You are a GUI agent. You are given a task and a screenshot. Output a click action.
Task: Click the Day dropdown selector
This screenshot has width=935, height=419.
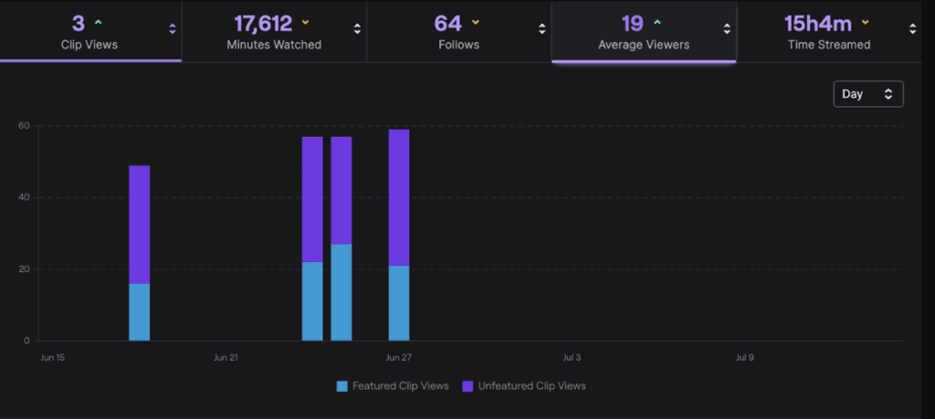pyautogui.click(x=867, y=94)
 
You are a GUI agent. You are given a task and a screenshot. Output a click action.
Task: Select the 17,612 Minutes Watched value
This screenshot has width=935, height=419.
pyautogui.click(x=265, y=23)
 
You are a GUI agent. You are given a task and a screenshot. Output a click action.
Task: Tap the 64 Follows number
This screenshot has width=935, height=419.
pyautogui.click(x=448, y=23)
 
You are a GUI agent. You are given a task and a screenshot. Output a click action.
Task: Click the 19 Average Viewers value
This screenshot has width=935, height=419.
pyautogui.click(x=633, y=23)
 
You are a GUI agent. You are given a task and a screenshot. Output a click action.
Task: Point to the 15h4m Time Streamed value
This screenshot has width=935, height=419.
pyautogui.click(x=817, y=23)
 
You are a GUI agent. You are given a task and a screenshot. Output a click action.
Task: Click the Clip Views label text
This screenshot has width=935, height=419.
pyautogui.click(x=89, y=44)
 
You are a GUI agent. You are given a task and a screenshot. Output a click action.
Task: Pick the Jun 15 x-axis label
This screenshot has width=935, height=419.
pyautogui.click(x=53, y=358)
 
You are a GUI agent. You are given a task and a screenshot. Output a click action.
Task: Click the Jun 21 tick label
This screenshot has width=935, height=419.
pyautogui.click(x=226, y=358)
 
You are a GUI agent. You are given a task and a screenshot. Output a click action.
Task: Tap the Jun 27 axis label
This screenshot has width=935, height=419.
pyautogui.click(x=399, y=358)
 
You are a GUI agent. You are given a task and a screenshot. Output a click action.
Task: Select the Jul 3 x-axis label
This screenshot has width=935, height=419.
pyautogui.click(x=572, y=358)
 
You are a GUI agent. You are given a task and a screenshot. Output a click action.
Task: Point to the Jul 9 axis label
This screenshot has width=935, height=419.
pyautogui.click(x=745, y=358)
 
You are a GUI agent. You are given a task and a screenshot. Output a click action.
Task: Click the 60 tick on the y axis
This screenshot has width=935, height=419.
pyautogui.click(x=25, y=126)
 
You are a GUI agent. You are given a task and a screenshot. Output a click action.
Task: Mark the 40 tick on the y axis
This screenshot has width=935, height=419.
pyautogui.click(x=25, y=197)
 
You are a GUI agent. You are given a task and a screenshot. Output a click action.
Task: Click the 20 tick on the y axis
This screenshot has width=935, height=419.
pyautogui.click(x=25, y=269)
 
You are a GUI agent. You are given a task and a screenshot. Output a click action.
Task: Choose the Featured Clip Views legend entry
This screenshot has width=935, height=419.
pyautogui.click(x=393, y=386)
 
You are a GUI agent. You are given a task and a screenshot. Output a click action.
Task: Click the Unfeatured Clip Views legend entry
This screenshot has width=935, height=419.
pyautogui.click(x=524, y=386)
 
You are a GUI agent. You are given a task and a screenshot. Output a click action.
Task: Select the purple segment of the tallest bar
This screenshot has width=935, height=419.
pyautogui.click(x=399, y=196)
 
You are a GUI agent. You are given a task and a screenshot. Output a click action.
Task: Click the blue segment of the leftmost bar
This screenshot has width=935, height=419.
pyautogui.click(x=140, y=312)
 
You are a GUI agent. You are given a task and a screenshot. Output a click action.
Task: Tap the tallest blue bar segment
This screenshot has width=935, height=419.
pyautogui.click(x=341, y=292)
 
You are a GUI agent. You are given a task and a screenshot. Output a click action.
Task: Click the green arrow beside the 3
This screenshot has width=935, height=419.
pyautogui.click(x=98, y=21)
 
